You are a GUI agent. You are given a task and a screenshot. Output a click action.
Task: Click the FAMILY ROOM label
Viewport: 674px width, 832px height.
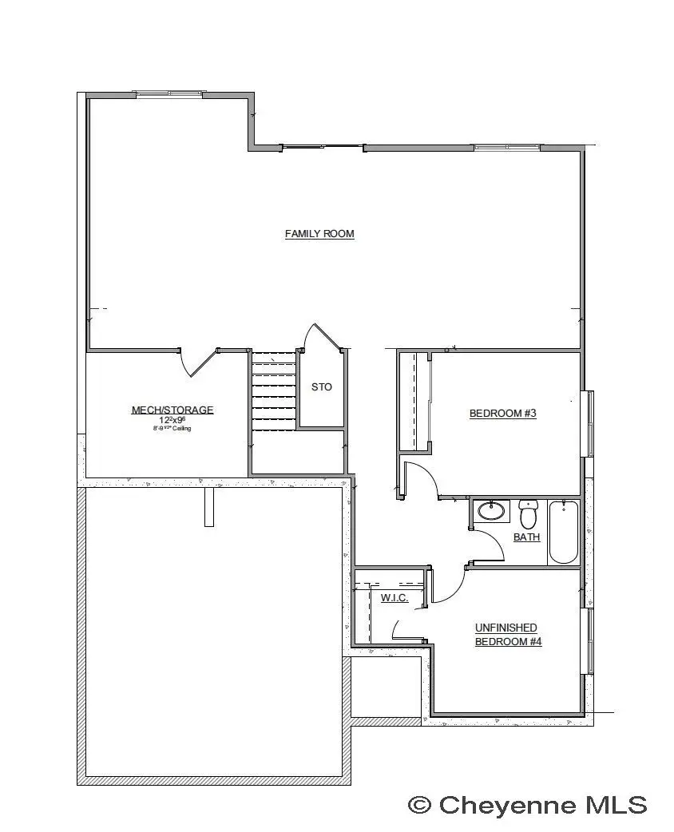tap(319, 234)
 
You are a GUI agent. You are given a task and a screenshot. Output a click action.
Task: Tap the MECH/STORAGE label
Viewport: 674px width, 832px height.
tap(172, 410)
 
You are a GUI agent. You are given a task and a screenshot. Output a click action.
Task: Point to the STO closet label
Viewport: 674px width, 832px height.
tap(321, 387)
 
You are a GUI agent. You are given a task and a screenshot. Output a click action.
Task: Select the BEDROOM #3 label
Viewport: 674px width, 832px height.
tap(502, 413)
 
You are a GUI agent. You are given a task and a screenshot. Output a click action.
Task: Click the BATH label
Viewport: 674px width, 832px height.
tap(526, 537)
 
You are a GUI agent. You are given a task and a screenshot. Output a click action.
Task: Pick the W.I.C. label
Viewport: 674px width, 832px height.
tap(394, 597)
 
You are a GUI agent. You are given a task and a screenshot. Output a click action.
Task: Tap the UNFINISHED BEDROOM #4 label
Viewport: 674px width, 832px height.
tap(508, 635)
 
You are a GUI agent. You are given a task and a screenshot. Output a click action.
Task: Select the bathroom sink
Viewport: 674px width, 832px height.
tap(490, 510)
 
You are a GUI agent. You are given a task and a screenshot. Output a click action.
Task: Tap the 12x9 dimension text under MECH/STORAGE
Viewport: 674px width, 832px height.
tap(172, 420)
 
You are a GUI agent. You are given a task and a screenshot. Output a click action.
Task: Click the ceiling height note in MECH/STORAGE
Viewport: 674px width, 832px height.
tap(172, 429)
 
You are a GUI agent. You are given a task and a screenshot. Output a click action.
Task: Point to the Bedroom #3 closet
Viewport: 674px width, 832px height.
tap(414, 401)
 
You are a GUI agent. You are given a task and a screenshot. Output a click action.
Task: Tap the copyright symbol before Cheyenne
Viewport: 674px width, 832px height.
tap(420, 805)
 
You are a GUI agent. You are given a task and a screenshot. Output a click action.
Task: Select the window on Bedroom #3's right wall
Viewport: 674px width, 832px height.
tap(589, 423)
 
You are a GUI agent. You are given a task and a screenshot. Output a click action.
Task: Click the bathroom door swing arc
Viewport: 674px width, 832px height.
tap(489, 545)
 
